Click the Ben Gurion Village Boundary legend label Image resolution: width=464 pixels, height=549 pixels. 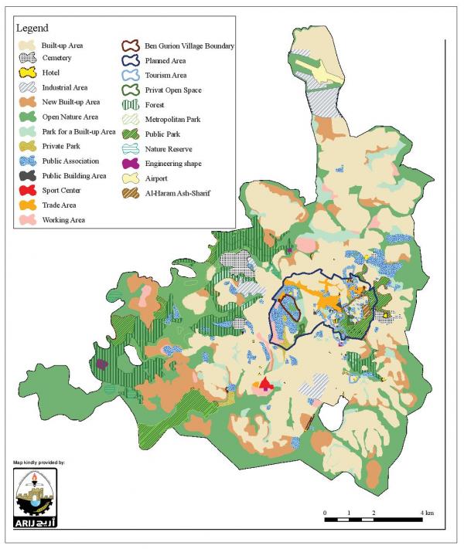189,46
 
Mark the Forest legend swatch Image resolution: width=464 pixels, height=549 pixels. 130,103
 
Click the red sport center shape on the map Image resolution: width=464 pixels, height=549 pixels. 265,384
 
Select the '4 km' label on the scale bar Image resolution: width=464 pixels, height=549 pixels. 427,513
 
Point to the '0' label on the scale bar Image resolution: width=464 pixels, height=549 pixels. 325,513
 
